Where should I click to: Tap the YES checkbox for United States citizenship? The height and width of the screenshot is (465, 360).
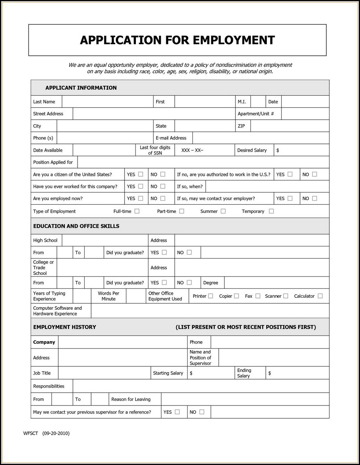tap(141, 174)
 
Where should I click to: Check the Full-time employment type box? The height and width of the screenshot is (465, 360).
tap(137, 211)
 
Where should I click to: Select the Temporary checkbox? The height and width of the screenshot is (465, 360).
tap(271, 211)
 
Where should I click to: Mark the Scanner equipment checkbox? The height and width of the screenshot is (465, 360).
tap(286, 296)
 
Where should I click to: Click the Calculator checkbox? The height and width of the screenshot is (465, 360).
tap(320, 296)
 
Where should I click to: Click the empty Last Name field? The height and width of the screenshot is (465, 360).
tap(107, 101)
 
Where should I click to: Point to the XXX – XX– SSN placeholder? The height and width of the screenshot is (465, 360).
tap(192, 150)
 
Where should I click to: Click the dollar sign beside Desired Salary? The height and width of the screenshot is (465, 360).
tap(277, 150)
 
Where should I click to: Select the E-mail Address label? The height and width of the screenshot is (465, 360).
tap(171, 138)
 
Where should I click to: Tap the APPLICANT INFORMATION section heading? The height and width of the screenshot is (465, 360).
tap(81, 88)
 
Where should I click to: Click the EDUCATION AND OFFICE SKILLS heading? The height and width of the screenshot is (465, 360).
tap(76, 226)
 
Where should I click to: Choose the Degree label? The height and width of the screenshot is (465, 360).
tap(211, 283)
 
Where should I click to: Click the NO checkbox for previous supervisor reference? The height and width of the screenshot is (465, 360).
tap(202, 412)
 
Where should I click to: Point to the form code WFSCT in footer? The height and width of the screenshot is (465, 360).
tap(31, 433)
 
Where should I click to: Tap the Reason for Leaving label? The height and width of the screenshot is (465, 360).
tap(131, 399)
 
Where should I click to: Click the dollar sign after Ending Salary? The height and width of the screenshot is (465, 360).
tap(270, 373)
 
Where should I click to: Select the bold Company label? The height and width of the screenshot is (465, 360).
tap(44, 342)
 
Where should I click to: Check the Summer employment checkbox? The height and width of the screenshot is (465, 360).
tap(223, 211)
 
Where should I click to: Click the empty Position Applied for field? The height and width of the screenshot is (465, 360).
tap(203, 162)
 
